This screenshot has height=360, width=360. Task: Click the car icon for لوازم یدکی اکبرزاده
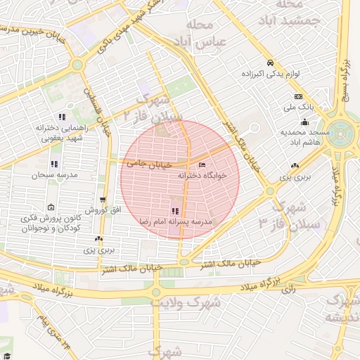pyautogui.click(x=270, y=62)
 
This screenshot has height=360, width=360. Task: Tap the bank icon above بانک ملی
pyautogui.click(x=299, y=96)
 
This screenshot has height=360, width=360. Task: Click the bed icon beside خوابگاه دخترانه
pyautogui.click(x=202, y=165)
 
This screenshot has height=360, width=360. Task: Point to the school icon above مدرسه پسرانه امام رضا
pyautogui.click(x=174, y=211)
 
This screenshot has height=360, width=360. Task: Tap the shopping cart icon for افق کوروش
pyautogui.click(x=103, y=200)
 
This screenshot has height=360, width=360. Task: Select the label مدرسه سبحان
pyautogui.click(x=55, y=174)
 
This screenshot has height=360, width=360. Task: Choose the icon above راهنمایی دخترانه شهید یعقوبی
pyautogui.click(x=62, y=117)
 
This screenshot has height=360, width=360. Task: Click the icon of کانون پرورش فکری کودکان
pyautogui.click(x=51, y=207)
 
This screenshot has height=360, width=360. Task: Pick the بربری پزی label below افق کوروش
pyautogui.click(x=99, y=250)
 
